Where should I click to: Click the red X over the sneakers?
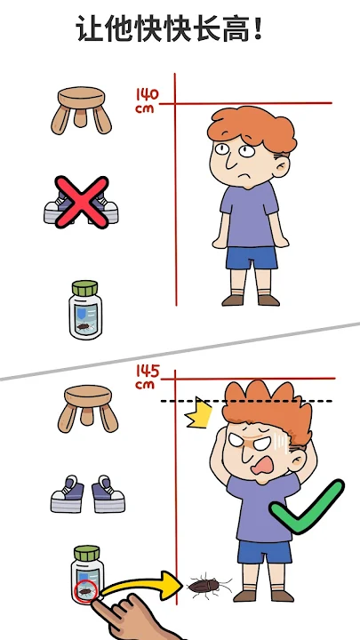(x=82, y=203)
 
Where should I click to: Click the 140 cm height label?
(x=147, y=100)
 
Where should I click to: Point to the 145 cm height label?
(x=147, y=377)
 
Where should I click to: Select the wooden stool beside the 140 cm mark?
(x=81, y=110)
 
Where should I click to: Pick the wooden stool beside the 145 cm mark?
(x=88, y=409)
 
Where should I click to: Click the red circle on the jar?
(x=86, y=590)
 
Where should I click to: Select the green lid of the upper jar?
(x=85, y=288)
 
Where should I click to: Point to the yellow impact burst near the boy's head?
(x=199, y=412)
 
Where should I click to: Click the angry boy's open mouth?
(x=262, y=466)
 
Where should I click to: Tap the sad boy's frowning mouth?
(x=244, y=178)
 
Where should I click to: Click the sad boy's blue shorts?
(x=252, y=258)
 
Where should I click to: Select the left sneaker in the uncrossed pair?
(x=68, y=494)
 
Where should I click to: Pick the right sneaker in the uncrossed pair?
(x=108, y=494)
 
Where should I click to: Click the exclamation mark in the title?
(x=257, y=28)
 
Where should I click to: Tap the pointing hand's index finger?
(x=100, y=606)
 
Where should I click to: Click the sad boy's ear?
(x=281, y=166)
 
